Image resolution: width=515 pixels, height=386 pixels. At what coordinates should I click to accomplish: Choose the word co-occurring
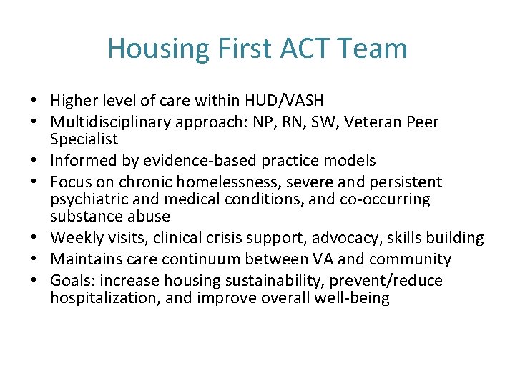[386, 199]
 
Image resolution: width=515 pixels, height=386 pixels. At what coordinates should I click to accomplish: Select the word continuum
[220, 259]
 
